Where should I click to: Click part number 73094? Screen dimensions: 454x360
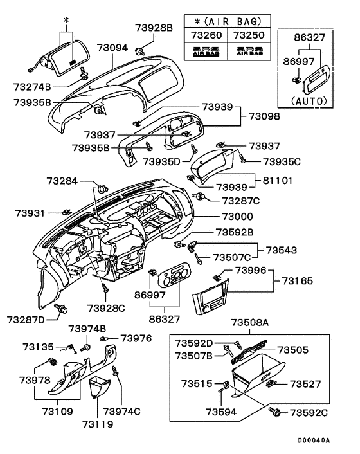[x=113, y=48]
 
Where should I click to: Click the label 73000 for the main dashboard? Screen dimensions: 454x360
[x=237, y=217]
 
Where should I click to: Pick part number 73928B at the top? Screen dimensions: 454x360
[x=154, y=28]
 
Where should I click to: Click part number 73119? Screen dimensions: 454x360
[x=97, y=424]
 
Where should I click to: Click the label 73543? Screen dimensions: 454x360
[x=283, y=249]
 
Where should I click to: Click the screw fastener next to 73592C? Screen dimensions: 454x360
[x=278, y=410]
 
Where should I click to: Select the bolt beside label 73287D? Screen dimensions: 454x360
[x=62, y=309]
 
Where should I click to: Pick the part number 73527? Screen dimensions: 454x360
[x=309, y=384]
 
